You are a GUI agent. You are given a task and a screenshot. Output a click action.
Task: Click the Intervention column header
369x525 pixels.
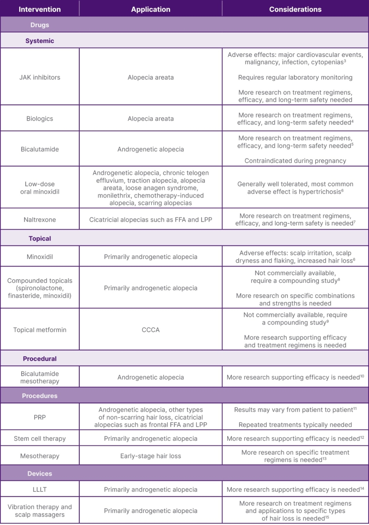click(x=40, y=9)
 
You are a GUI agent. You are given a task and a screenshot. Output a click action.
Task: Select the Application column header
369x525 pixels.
click(x=151, y=9)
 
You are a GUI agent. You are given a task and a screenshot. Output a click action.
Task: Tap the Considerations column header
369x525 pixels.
click(x=295, y=9)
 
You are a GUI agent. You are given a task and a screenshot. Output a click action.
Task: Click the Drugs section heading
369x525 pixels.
click(x=40, y=25)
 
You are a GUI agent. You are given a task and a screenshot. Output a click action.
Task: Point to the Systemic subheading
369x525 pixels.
click(x=40, y=41)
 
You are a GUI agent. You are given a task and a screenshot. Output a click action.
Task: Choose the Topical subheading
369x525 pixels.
click(x=40, y=239)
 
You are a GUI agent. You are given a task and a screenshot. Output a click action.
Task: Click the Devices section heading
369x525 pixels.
click(x=40, y=474)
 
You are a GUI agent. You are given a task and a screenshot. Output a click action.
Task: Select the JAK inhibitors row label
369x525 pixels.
click(x=40, y=77)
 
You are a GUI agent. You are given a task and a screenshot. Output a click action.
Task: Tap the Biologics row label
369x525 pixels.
click(x=40, y=119)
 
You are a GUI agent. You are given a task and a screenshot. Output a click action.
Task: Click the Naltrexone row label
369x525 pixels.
click(x=40, y=220)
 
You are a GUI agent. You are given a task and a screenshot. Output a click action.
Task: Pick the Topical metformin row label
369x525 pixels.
click(x=40, y=330)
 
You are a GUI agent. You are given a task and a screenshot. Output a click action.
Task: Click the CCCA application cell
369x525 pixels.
click(x=151, y=330)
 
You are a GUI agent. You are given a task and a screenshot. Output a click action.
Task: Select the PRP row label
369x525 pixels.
click(x=40, y=417)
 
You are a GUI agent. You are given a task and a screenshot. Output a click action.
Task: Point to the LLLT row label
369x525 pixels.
click(x=40, y=489)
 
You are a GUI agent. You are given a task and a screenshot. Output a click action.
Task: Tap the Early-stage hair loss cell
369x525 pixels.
click(x=151, y=456)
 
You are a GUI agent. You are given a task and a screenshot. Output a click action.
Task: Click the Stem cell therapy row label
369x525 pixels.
click(x=40, y=439)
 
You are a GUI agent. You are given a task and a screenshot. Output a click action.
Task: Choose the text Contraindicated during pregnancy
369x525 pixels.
click(x=295, y=161)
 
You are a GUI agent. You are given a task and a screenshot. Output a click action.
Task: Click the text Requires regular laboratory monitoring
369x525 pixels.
click(x=295, y=78)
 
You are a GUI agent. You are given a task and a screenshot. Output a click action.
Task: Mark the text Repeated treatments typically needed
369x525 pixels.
click(x=295, y=425)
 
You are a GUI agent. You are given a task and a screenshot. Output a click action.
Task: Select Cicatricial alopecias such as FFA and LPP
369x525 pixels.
click(x=151, y=220)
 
